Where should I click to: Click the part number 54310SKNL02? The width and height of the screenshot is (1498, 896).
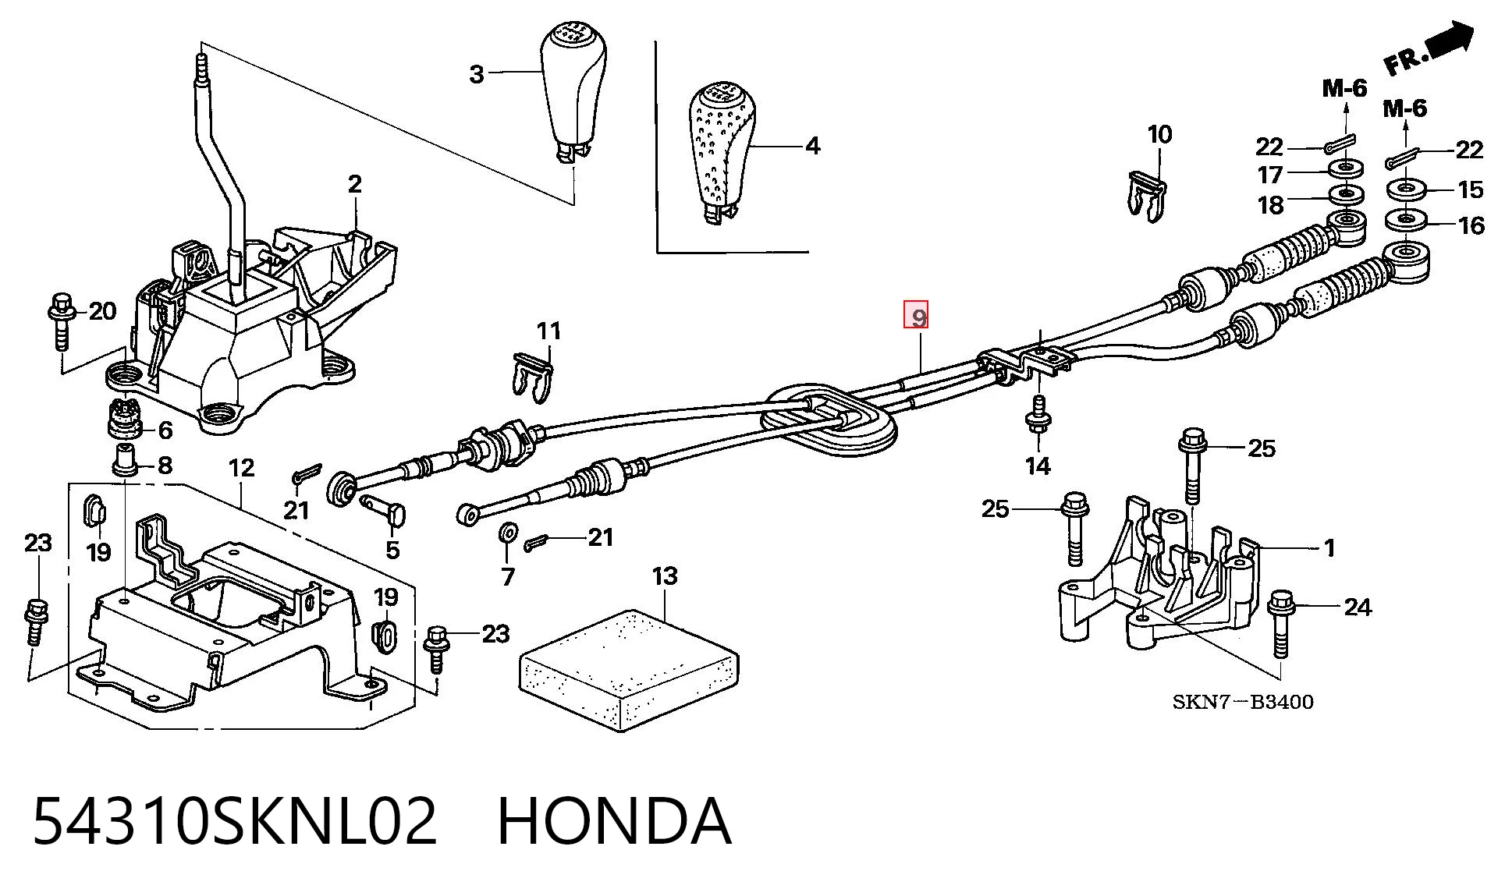pos(235,821)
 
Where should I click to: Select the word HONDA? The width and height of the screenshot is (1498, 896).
pos(615,821)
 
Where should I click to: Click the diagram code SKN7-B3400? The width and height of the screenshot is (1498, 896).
pos(1243,702)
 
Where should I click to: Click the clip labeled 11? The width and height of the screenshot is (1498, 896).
pos(533,377)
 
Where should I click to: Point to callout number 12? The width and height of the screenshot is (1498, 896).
pos(242,468)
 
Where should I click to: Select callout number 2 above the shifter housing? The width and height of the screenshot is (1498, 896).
pos(355,184)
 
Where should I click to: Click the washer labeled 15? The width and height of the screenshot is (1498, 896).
pos(1407,189)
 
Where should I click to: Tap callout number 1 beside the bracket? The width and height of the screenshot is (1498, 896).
pos(1329,548)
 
